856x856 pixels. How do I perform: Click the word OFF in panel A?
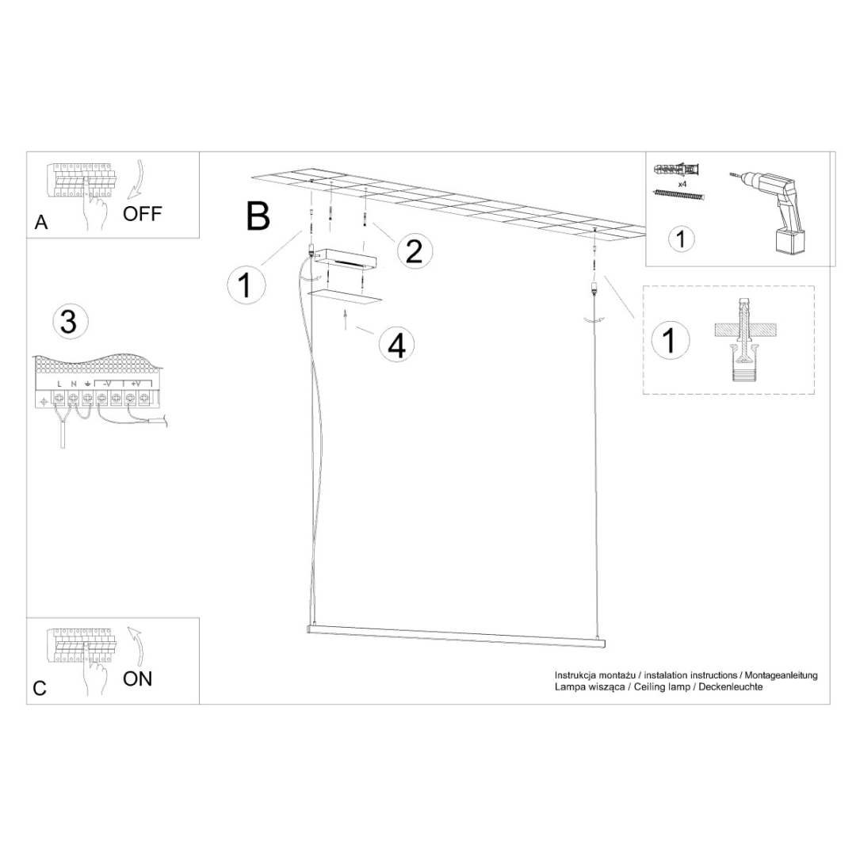(x=142, y=214)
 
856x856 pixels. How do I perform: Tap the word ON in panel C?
(x=137, y=678)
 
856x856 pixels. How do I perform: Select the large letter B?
(x=258, y=216)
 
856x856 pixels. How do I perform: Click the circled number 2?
(x=414, y=251)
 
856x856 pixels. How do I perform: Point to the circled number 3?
(x=69, y=323)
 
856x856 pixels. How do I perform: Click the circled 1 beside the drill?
(x=681, y=239)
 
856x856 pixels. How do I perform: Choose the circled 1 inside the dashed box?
(x=669, y=340)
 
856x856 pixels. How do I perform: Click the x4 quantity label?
(x=682, y=183)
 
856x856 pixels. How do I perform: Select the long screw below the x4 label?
(x=678, y=194)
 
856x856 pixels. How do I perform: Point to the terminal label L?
(x=59, y=384)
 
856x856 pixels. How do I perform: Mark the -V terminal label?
(x=105, y=384)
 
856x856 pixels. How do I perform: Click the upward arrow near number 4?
(x=346, y=320)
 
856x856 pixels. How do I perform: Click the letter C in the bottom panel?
(x=40, y=688)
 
